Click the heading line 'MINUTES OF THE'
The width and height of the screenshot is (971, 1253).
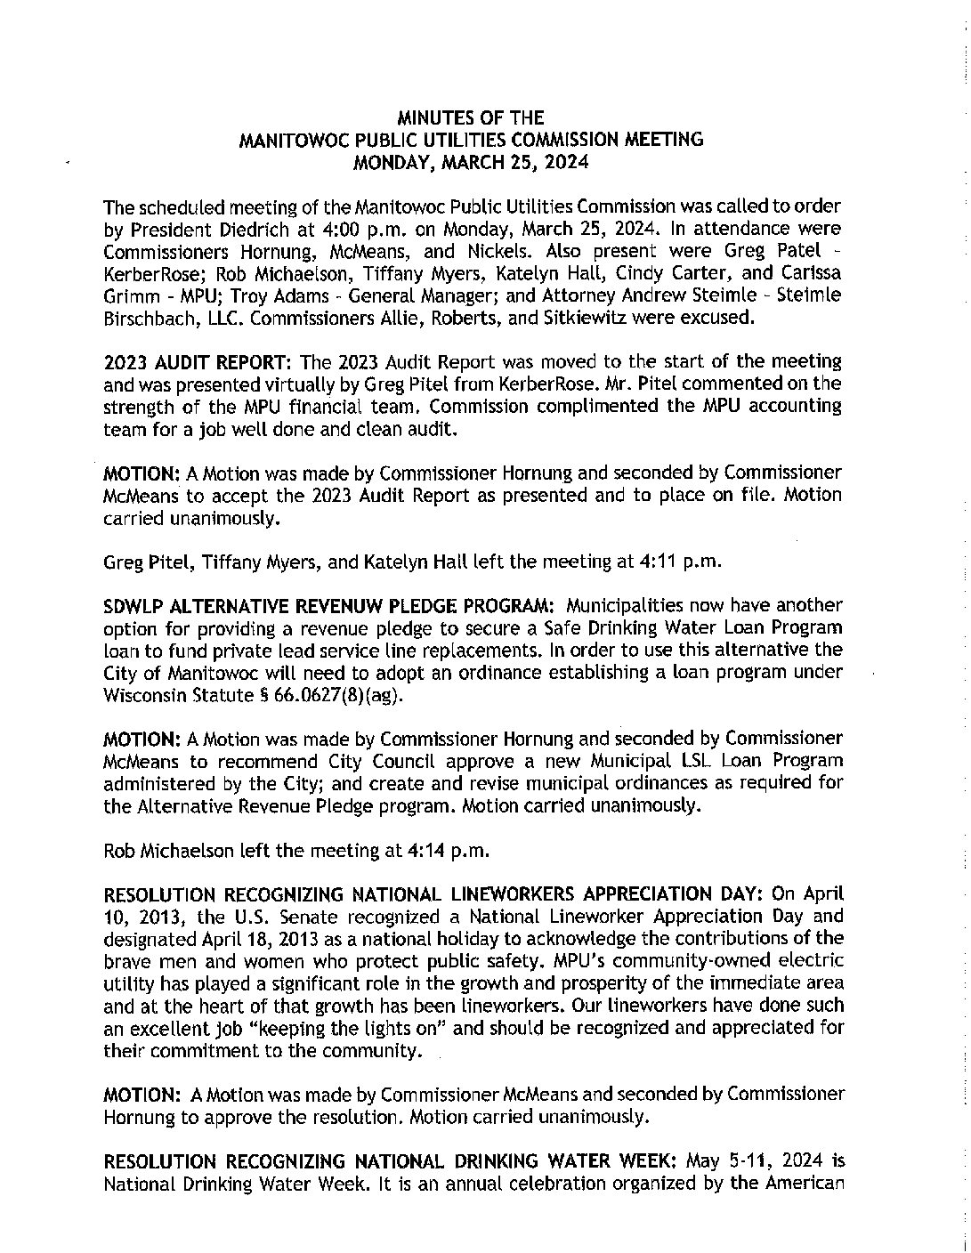click(470, 117)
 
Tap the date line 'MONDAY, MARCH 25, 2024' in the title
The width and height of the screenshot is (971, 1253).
click(470, 162)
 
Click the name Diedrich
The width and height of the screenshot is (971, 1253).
click(230, 229)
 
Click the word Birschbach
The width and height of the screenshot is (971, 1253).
click(148, 318)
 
